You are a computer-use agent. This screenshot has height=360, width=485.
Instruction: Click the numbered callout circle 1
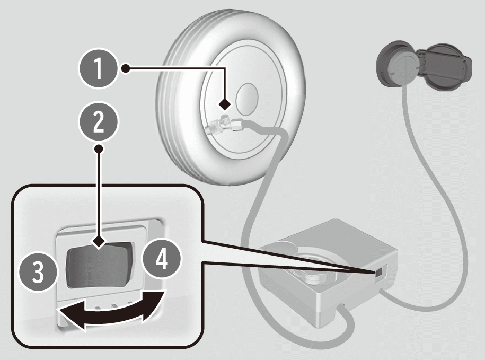click(x=99, y=68)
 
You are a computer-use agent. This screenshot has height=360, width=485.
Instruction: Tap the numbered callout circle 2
click(x=99, y=122)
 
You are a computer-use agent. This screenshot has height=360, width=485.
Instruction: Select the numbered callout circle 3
click(x=38, y=271)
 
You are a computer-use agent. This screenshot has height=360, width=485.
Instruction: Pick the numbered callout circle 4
click(x=162, y=259)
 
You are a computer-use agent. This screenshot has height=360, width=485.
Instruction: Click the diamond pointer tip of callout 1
click(x=225, y=104)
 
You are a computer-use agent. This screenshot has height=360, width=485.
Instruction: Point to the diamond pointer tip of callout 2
click(x=99, y=242)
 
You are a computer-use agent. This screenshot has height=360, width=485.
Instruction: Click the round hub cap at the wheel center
click(x=247, y=99)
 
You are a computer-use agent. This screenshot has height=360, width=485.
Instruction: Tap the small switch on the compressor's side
click(x=378, y=273)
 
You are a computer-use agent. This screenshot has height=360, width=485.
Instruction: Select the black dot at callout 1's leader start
click(x=126, y=68)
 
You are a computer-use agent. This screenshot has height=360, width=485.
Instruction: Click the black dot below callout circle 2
click(x=99, y=149)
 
